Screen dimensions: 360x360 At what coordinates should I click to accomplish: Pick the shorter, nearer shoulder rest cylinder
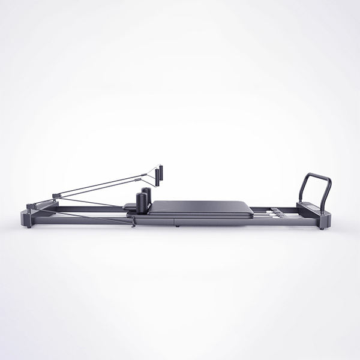[x=140, y=203]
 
